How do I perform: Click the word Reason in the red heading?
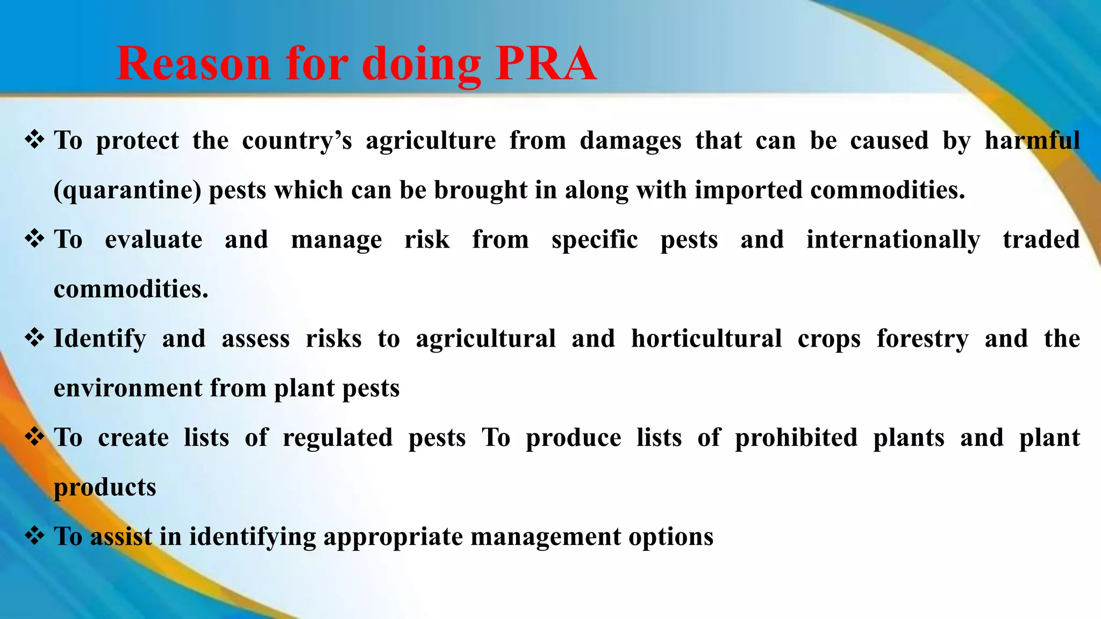(x=193, y=64)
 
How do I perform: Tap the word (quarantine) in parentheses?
(x=127, y=190)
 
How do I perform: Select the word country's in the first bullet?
(x=297, y=141)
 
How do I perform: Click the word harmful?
(x=1032, y=141)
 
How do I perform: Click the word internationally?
(x=893, y=240)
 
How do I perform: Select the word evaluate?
(x=154, y=240)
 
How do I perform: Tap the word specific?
(x=595, y=240)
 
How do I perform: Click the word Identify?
(x=100, y=339)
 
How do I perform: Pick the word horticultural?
(x=706, y=339)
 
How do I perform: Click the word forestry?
(x=923, y=339)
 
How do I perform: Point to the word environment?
(x=128, y=388)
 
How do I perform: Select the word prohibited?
(x=796, y=437)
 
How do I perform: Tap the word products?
(x=105, y=487)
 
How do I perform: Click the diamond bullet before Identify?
(x=34, y=338)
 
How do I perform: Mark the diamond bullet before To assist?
(x=34, y=536)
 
